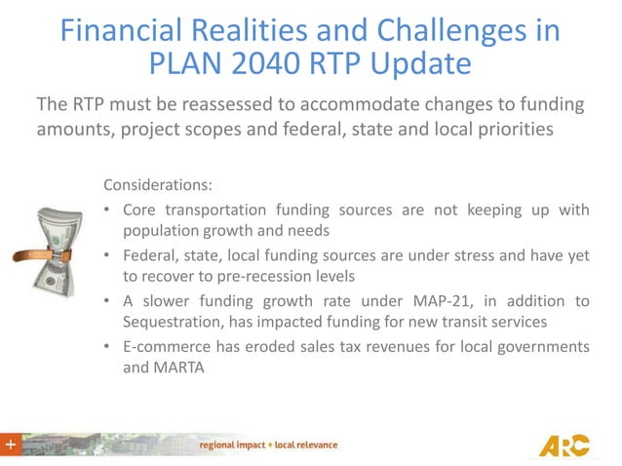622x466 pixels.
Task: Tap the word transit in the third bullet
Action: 463,322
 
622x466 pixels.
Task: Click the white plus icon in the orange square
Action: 11,445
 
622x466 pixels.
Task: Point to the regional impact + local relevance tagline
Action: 268,445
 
